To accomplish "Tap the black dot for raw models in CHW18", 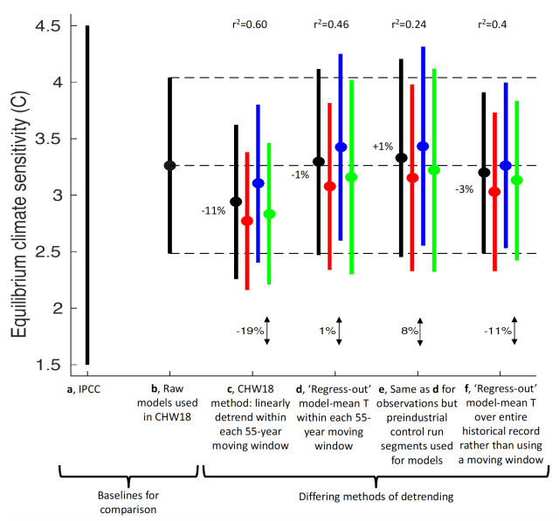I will click(x=170, y=165).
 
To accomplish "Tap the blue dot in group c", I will click(x=258, y=183).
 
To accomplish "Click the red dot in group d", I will click(x=329, y=186).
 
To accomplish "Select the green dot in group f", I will click(x=516, y=180).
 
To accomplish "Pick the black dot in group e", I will click(x=401, y=158).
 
